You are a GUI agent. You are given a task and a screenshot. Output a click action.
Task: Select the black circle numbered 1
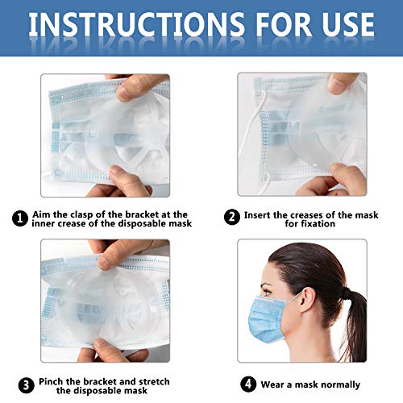[x=20, y=218]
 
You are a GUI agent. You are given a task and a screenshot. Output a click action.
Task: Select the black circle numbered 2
[x=232, y=217]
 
